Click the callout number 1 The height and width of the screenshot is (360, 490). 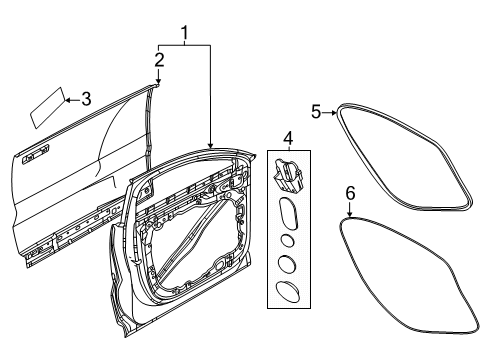pyautogui.click(x=184, y=33)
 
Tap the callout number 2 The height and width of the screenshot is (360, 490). pyautogui.click(x=159, y=60)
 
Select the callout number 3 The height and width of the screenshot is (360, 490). pyautogui.click(x=86, y=99)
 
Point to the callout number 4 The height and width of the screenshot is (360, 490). pyautogui.click(x=288, y=138)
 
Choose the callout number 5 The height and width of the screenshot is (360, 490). pyautogui.click(x=316, y=111)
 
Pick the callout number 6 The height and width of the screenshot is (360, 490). pyautogui.click(x=350, y=193)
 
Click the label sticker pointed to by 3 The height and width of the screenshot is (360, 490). pyautogui.click(x=47, y=107)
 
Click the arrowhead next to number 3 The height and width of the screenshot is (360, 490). pyautogui.click(x=67, y=100)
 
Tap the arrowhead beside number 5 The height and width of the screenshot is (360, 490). pyautogui.click(x=334, y=113)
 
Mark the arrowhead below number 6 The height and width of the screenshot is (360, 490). pyautogui.click(x=350, y=214)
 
